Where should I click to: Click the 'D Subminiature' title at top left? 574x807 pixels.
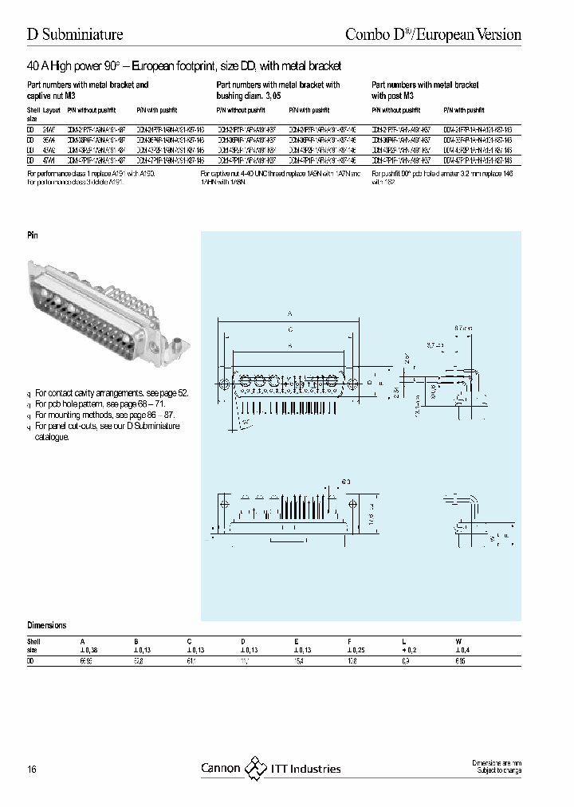tap(75, 34)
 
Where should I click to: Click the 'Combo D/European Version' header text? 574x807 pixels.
tap(433, 34)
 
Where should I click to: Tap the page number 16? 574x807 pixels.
tap(32, 769)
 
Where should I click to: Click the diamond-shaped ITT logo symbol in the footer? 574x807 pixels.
tap(256, 768)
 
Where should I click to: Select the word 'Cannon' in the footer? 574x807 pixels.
tap(220, 769)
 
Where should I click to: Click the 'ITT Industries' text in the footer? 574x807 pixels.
tap(305, 769)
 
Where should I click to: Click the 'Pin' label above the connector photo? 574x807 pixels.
tap(33, 236)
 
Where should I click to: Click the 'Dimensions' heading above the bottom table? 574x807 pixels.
tap(47, 625)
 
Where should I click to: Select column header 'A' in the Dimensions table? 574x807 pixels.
tap(81, 640)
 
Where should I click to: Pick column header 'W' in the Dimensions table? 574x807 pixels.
tap(457, 640)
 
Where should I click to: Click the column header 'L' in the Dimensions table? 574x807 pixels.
tap(403, 640)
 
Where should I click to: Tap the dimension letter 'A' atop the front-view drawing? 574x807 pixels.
tap(289, 314)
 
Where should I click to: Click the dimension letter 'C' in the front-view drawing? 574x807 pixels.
tap(290, 329)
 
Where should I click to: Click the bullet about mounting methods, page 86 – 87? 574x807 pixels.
tap(104, 415)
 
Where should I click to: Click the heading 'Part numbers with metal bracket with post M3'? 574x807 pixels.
tap(426, 89)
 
